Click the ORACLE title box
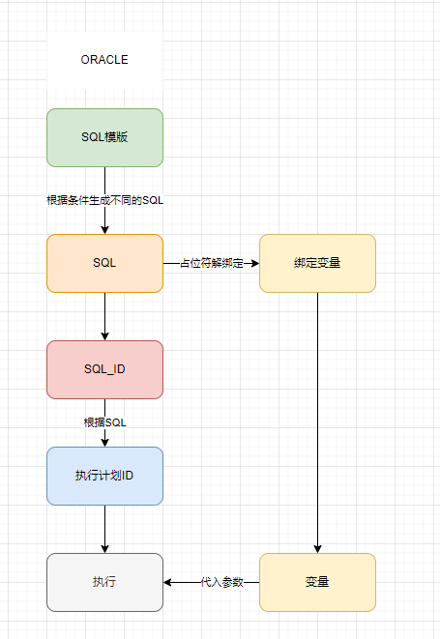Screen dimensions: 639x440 (104, 60)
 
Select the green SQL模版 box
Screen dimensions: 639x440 (104, 137)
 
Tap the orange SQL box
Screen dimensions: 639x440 (104, 263)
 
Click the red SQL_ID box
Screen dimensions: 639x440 (104, 369)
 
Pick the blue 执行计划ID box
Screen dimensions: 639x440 (104, 476)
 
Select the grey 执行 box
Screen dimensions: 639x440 (104, 582)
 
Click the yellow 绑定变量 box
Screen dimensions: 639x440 (317, 263)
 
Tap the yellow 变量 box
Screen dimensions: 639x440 (317, 582)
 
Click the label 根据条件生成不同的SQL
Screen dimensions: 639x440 (105, 200)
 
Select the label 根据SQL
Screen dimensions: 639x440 (104, 422)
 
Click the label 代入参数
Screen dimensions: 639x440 (222, 582)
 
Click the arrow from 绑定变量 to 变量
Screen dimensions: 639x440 (317, 416)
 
